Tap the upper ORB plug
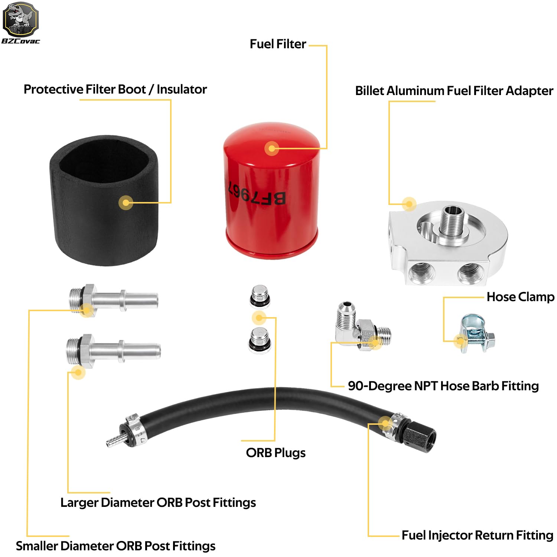point(260,297)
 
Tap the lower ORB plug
point(260,340)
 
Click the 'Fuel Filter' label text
point(278,44)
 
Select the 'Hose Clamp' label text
point(520,297)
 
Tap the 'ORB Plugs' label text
point(276,453)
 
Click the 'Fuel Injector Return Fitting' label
point(477,535)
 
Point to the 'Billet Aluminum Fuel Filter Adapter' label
point(454,91)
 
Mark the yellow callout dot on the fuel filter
point(272,149)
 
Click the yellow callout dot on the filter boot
point(126,202)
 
